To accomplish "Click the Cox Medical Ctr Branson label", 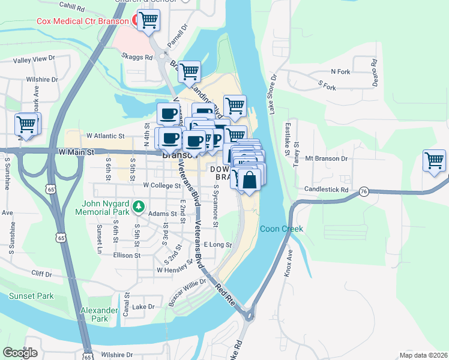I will pos(82,21).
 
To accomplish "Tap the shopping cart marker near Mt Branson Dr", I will pos(434,160).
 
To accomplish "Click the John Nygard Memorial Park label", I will pos(104,207).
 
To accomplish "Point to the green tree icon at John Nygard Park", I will pos(139,207).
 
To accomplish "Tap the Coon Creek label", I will pos(282,229).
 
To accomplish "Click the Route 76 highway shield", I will pos(364,191).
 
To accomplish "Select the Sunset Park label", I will pos(31,296).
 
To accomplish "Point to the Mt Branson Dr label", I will pos(327,158).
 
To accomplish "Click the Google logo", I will pos(20,353).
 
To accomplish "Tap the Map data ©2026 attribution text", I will pos(423,355).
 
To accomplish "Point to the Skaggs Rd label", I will pos(137,58).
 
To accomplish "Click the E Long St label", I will pos(217,245).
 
